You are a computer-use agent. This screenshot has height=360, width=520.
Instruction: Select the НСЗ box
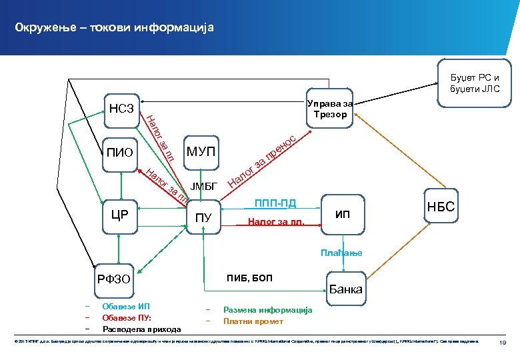[x=121, y=109]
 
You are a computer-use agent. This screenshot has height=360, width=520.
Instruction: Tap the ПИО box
[x=120, y=153]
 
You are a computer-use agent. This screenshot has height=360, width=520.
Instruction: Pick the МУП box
[x=201, y=151]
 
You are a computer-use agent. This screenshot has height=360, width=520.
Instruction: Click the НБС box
[x=441, y=207]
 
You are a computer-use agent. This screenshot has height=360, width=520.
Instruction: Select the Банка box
[x=345, y=289]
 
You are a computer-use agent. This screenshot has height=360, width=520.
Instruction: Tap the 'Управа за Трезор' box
[x=329, y=109]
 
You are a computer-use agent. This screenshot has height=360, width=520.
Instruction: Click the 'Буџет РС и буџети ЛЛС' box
[x=473, y=83]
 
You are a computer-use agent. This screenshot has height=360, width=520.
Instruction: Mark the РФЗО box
[x=115, y=281]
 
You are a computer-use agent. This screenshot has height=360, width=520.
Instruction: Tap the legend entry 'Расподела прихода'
[x=141, y=329]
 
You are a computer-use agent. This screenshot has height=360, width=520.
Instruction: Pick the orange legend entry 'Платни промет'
[x=254, y=321]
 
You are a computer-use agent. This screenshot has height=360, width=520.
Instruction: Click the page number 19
[x=505, y=343]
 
